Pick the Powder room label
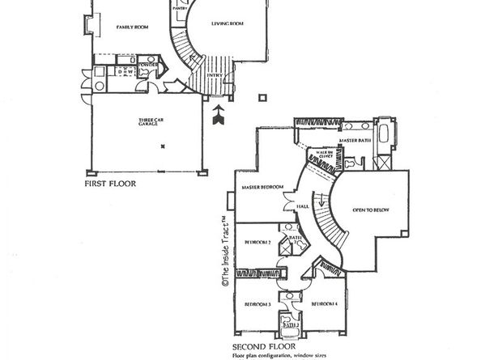(x=147, y=63)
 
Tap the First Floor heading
(x=110, y=184)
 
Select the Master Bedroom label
(x=262, y=188)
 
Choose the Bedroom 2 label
(x=258, y=242)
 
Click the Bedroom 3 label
(x=258, y=304)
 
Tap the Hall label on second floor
(x=303, y=207)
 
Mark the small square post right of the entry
(x=261, y=98)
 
